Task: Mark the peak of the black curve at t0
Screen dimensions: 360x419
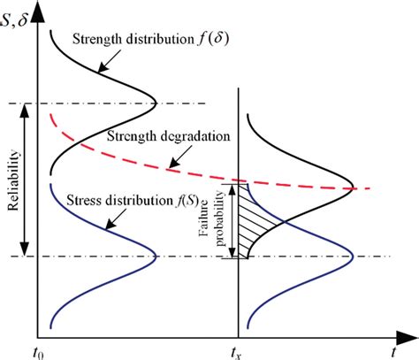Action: (156, 104)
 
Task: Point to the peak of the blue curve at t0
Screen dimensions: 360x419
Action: (156, 257)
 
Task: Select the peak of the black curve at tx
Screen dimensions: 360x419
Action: (354, 188)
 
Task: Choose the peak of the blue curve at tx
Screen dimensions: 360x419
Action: (354, 257)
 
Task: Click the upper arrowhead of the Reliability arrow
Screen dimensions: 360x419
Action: (26, 108)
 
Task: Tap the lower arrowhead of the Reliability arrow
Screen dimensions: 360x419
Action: (26, 253)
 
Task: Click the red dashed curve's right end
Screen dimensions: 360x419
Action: (367, 188)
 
